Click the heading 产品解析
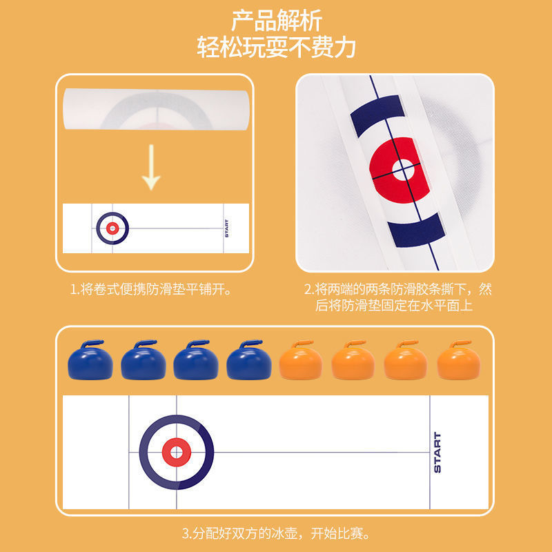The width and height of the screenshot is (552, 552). coord(277,21)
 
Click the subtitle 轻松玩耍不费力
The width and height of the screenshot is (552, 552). coord(277,47)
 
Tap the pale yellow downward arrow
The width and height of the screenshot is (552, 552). coord(151,167)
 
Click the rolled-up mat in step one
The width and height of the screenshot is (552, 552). coord(157,109)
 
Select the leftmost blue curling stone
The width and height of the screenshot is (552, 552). coord(90,359)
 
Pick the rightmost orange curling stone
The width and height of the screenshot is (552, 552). coord(459,359)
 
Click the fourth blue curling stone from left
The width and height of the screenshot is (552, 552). coord(249,359)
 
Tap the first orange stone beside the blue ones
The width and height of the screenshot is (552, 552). coord(301,359)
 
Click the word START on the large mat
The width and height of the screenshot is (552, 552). coord(437,453)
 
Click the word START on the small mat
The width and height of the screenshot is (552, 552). coord(226,228)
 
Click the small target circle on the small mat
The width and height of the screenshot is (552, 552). coord(112,228)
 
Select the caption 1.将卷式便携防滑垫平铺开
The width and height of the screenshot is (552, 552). coord(151,289)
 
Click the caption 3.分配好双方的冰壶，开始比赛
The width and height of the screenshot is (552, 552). coord(277,533)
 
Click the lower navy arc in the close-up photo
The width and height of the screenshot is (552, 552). coord(417,230)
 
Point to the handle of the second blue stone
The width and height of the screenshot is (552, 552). coord(145,343)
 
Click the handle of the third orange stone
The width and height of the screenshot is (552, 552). coord(407,343)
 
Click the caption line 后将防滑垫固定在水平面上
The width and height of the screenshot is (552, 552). coord(393,305)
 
